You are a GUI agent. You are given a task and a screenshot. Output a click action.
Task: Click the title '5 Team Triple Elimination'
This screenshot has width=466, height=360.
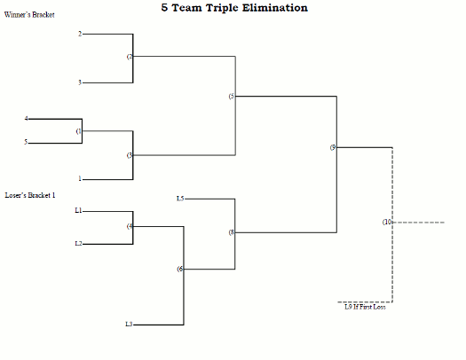coord(234,8)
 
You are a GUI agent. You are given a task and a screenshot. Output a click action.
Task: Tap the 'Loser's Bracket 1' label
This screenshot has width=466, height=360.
coord(29,194)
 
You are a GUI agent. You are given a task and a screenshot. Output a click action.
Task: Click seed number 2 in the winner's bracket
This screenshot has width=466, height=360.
coord(79,35)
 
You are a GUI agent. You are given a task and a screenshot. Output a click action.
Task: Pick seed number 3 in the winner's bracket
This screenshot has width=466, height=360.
coord(79,82)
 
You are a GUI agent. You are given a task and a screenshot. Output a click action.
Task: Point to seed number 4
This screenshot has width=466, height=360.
coord(27,118)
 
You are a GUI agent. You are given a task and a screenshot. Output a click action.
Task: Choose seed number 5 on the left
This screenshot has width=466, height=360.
coord(27,142)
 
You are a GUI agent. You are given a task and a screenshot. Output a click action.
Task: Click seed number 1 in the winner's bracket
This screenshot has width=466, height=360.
coord(79,178)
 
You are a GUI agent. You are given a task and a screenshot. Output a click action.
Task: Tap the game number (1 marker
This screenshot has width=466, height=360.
coord(79,130)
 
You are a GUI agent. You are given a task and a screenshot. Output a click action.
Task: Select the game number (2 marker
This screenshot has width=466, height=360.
coord(130,57)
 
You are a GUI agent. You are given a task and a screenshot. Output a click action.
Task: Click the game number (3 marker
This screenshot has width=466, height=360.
coord(130,155)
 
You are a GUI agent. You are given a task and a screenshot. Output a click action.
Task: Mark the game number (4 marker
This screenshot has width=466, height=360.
coord(130,226)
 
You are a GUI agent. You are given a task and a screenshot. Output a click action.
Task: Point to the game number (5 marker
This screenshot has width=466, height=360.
coord(231,96)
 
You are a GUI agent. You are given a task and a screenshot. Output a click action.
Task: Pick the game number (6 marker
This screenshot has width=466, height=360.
coord(179,269)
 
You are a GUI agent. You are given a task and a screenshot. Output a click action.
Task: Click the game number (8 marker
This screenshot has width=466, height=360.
coord(231,232)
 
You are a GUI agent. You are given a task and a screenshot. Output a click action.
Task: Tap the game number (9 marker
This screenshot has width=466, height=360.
coord(333,147)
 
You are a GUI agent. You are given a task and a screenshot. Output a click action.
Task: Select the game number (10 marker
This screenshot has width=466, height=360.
coord(387,222)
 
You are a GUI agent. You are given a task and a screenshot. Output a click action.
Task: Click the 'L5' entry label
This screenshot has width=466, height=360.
coord(180,199)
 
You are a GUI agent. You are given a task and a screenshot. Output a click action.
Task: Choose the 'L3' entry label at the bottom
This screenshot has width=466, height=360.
coord(129,325)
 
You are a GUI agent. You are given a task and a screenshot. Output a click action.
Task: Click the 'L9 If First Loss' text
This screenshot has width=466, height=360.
coord(365,307)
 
